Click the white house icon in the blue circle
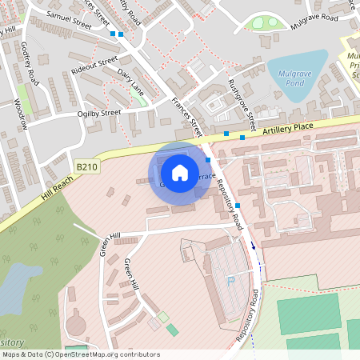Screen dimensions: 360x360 pos(179,172)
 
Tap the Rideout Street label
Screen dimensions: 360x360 pos(94,63)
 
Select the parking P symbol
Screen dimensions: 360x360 pos(232,280)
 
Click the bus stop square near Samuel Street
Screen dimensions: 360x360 pos(113,34)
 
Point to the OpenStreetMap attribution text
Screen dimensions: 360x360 pos(81,354)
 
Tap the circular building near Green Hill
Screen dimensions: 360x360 pos(76,325)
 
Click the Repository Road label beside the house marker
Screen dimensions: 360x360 pos(228,199)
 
